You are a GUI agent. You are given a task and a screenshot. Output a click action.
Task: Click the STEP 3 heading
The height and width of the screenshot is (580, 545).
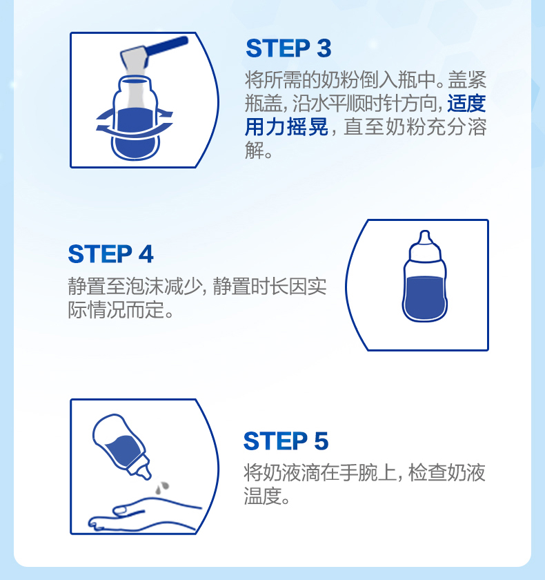click(x=288, y=48)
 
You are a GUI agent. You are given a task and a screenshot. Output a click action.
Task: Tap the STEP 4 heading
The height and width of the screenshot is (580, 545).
click(x=110, y=254)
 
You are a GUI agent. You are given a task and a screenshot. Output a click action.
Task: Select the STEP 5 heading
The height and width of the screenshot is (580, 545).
click(x=286, y=441)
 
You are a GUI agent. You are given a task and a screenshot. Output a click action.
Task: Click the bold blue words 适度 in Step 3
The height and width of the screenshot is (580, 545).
click(x=466, y=103)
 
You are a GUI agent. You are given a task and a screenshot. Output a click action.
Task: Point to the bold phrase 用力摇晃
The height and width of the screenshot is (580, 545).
click(x=286, y=127)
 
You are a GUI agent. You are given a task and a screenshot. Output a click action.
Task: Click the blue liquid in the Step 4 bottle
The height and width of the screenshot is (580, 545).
click(x=424, y=297)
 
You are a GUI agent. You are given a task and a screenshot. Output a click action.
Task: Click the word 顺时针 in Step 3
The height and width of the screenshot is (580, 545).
click(x=374, y=103)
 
